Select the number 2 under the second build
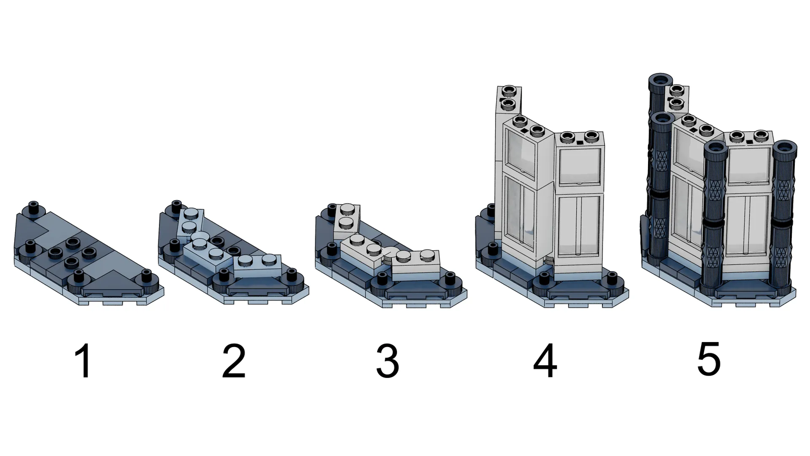[234, 361]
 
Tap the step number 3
[388, 361]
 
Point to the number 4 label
[545, 361]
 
